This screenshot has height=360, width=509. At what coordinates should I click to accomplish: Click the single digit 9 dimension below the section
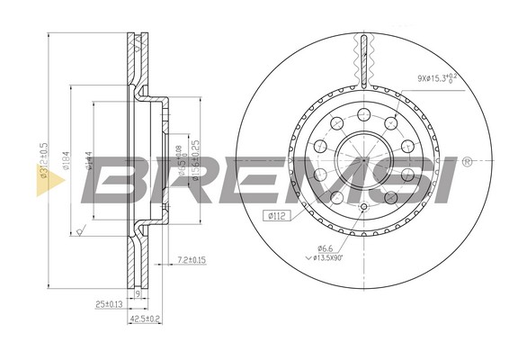(136, 293)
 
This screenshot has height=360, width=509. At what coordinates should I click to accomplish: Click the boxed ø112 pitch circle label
(276, 215)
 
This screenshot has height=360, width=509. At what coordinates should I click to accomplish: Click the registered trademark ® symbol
(467, 164)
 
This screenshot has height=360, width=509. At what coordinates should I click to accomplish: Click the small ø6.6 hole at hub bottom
(362, 208)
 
